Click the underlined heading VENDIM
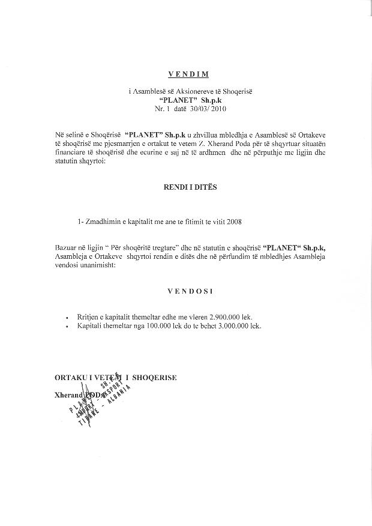coord(188,74)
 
